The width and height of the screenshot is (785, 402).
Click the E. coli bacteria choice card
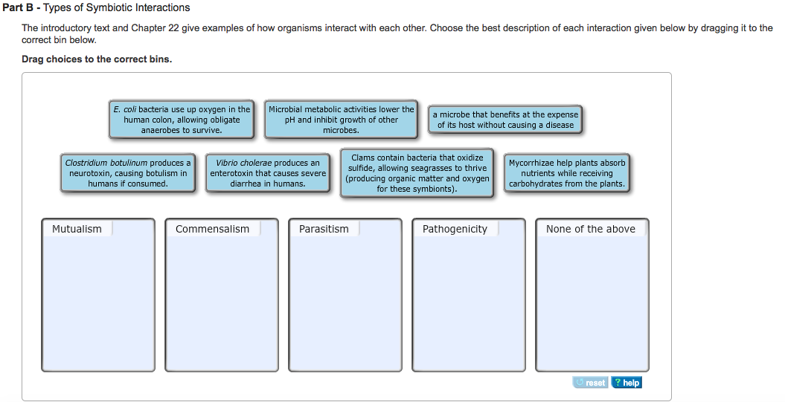[x=182, y=120]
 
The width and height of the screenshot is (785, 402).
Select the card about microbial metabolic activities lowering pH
[x=341, y=120]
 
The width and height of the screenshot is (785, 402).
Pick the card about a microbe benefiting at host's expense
[x=505, y=120]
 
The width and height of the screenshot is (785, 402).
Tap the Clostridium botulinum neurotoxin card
[x=128, y=173]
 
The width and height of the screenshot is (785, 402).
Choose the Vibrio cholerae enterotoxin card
[x=268, y=173]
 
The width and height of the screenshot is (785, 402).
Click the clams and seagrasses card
[x=417, y=173]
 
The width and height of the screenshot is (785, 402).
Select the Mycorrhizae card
[x=567, y=173]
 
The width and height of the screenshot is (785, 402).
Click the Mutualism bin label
[x=77, y=229]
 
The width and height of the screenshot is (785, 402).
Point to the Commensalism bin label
[x=212, y=229]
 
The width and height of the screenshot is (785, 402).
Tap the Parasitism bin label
[x=324, y=229]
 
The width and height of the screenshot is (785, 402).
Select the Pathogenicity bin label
[x=455, y=229]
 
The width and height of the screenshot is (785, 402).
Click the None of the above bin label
[x=591, y=229]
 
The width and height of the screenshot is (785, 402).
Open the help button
[x=627, y=383]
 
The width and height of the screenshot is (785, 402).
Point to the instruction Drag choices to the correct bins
[x=97, y=59]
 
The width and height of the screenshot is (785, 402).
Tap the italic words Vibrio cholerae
[x=244, y=163]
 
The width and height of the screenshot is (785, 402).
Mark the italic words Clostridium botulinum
[x=106, y=163]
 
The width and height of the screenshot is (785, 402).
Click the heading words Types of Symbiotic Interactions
[x=117, y=8]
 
